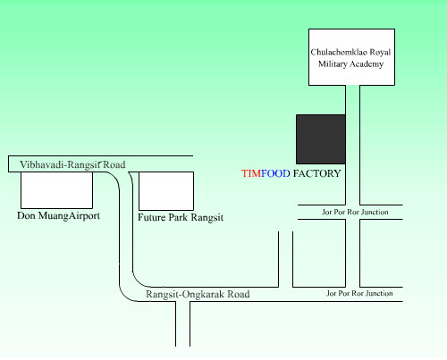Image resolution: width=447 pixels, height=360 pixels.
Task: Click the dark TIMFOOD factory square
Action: tap(321, 139)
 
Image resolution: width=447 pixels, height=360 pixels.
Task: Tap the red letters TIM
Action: tap(251, 173)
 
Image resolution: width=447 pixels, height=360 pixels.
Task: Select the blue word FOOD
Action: tap(275, 173)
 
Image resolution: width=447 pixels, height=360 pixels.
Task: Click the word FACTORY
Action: tap(316, 173)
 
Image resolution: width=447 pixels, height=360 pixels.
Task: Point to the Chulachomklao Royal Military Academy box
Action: tap(351, 57)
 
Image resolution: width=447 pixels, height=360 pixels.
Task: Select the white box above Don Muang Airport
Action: tap(56, 190)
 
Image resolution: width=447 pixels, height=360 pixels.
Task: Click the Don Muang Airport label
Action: tap(58, 215)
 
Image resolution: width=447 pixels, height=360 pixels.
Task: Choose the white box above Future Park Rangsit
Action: tap(166, 191)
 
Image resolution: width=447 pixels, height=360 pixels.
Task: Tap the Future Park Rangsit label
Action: tap(181, 217)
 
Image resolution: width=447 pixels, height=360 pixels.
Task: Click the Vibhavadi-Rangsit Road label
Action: tap(72, 164)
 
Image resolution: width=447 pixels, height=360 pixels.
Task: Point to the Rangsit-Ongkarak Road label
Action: tap(198, 294)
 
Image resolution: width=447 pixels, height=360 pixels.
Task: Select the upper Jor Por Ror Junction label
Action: tap(355, 212)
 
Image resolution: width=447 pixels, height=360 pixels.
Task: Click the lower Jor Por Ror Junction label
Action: tap(359, 293)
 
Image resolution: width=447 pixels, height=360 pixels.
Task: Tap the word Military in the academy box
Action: tap(333, 64)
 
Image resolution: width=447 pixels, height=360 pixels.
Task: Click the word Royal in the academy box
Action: tap(380, 53)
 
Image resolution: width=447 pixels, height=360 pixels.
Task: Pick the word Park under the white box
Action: tap(178, 217)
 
